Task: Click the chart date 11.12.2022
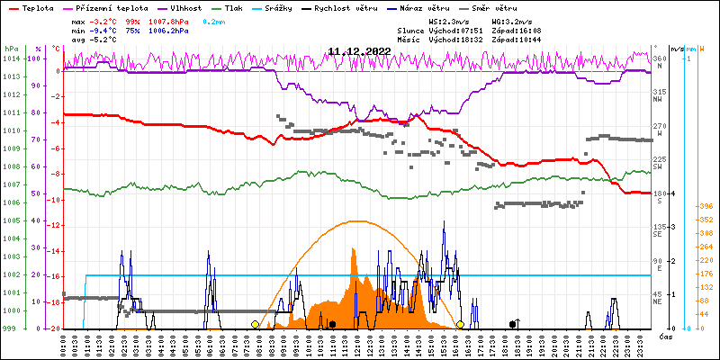coord(359,51)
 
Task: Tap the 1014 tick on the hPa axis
coord(11,58)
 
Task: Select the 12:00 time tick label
coord(357,346)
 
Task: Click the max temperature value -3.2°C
coord(104,20)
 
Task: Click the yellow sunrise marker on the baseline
coord(256,324)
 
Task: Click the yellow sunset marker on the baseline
coord(460,324)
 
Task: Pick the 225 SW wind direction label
coord(660,163)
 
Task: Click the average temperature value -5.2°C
coord(104,40)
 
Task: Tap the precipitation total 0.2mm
coord(215,20)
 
